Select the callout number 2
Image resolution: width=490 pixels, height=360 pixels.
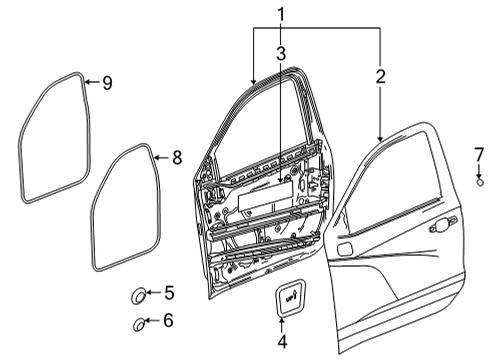[x=381, y=74]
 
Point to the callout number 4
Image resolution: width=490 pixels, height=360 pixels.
[x=281, y=342]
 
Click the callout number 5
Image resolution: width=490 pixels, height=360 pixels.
[x=169, y=293]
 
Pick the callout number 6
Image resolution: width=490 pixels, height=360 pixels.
[x=169, y=321]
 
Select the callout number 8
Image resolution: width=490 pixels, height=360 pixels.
[x=177, y=157]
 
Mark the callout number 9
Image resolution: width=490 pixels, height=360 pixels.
[x=106, y=83]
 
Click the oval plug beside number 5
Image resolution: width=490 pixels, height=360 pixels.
[x=138, y=295]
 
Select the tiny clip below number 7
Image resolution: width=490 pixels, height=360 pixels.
[x=479, y=182]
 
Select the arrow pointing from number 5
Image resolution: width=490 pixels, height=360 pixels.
[x=154, y=293]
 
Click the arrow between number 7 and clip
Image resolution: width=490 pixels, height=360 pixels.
[x=479, y=169]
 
